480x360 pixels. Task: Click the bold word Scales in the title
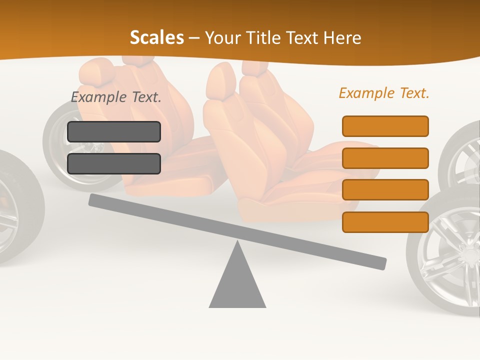pos(156,37)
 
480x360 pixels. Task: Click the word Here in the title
pos(342,37)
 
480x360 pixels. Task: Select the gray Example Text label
pos(116,97)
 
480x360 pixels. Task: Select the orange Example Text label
pos(384,93)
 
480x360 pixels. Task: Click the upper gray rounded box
pos(114,131)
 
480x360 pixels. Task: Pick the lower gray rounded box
pos(114,163)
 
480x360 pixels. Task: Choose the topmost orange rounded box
pos(385,126)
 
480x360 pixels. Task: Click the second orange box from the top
pos(385,158)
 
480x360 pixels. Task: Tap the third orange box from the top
pos(385,189)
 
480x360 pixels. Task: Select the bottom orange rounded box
pos(385,222)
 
